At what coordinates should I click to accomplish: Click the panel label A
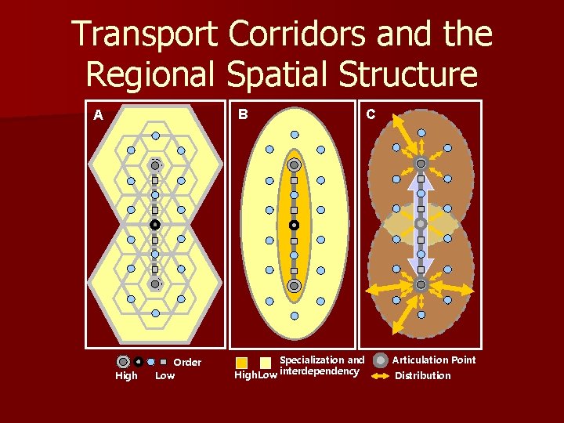[98, 115]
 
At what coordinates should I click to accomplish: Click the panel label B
[244, 114]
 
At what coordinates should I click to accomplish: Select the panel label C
[371, 114]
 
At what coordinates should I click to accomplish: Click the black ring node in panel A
[155, 225]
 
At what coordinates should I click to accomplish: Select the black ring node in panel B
[294, 225]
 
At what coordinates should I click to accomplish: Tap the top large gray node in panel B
[294, 165]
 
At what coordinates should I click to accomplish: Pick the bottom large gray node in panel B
[294, 285]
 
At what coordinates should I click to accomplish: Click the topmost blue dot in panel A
[155, 136]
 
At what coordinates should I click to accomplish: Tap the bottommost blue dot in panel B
[294, 316]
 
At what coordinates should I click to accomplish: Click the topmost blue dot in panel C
[421, 133]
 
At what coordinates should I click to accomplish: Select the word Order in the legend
[187, 363]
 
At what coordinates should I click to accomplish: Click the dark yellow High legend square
[242, 362]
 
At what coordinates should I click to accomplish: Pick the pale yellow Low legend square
[266, 362]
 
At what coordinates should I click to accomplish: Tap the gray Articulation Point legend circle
[381, 360]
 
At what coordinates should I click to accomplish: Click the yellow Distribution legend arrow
[381, 376]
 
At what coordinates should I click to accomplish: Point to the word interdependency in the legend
[319, 371]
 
